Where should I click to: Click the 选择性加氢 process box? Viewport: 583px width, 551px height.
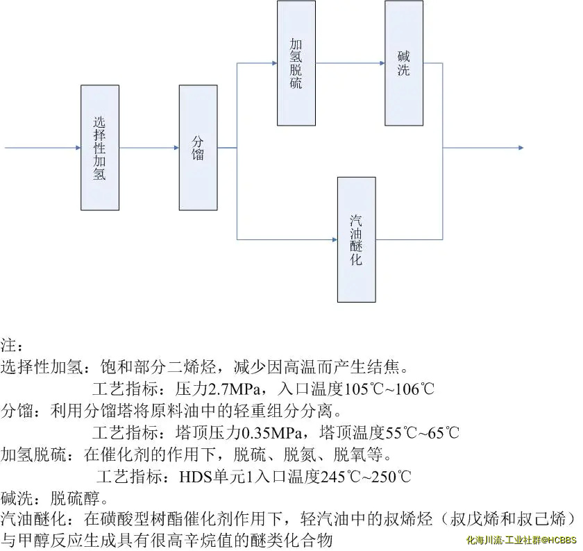99,147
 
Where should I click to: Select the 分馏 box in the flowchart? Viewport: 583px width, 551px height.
198,147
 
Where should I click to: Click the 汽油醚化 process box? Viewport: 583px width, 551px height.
357,239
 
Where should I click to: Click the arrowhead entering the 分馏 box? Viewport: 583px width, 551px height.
176,148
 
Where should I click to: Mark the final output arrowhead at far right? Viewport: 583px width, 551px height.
520,148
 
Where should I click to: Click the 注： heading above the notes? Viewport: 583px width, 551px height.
12,345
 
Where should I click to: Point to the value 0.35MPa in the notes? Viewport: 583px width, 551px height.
271,433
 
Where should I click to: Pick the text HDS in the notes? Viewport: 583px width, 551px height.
195,477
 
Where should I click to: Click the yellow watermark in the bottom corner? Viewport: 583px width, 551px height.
521,539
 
